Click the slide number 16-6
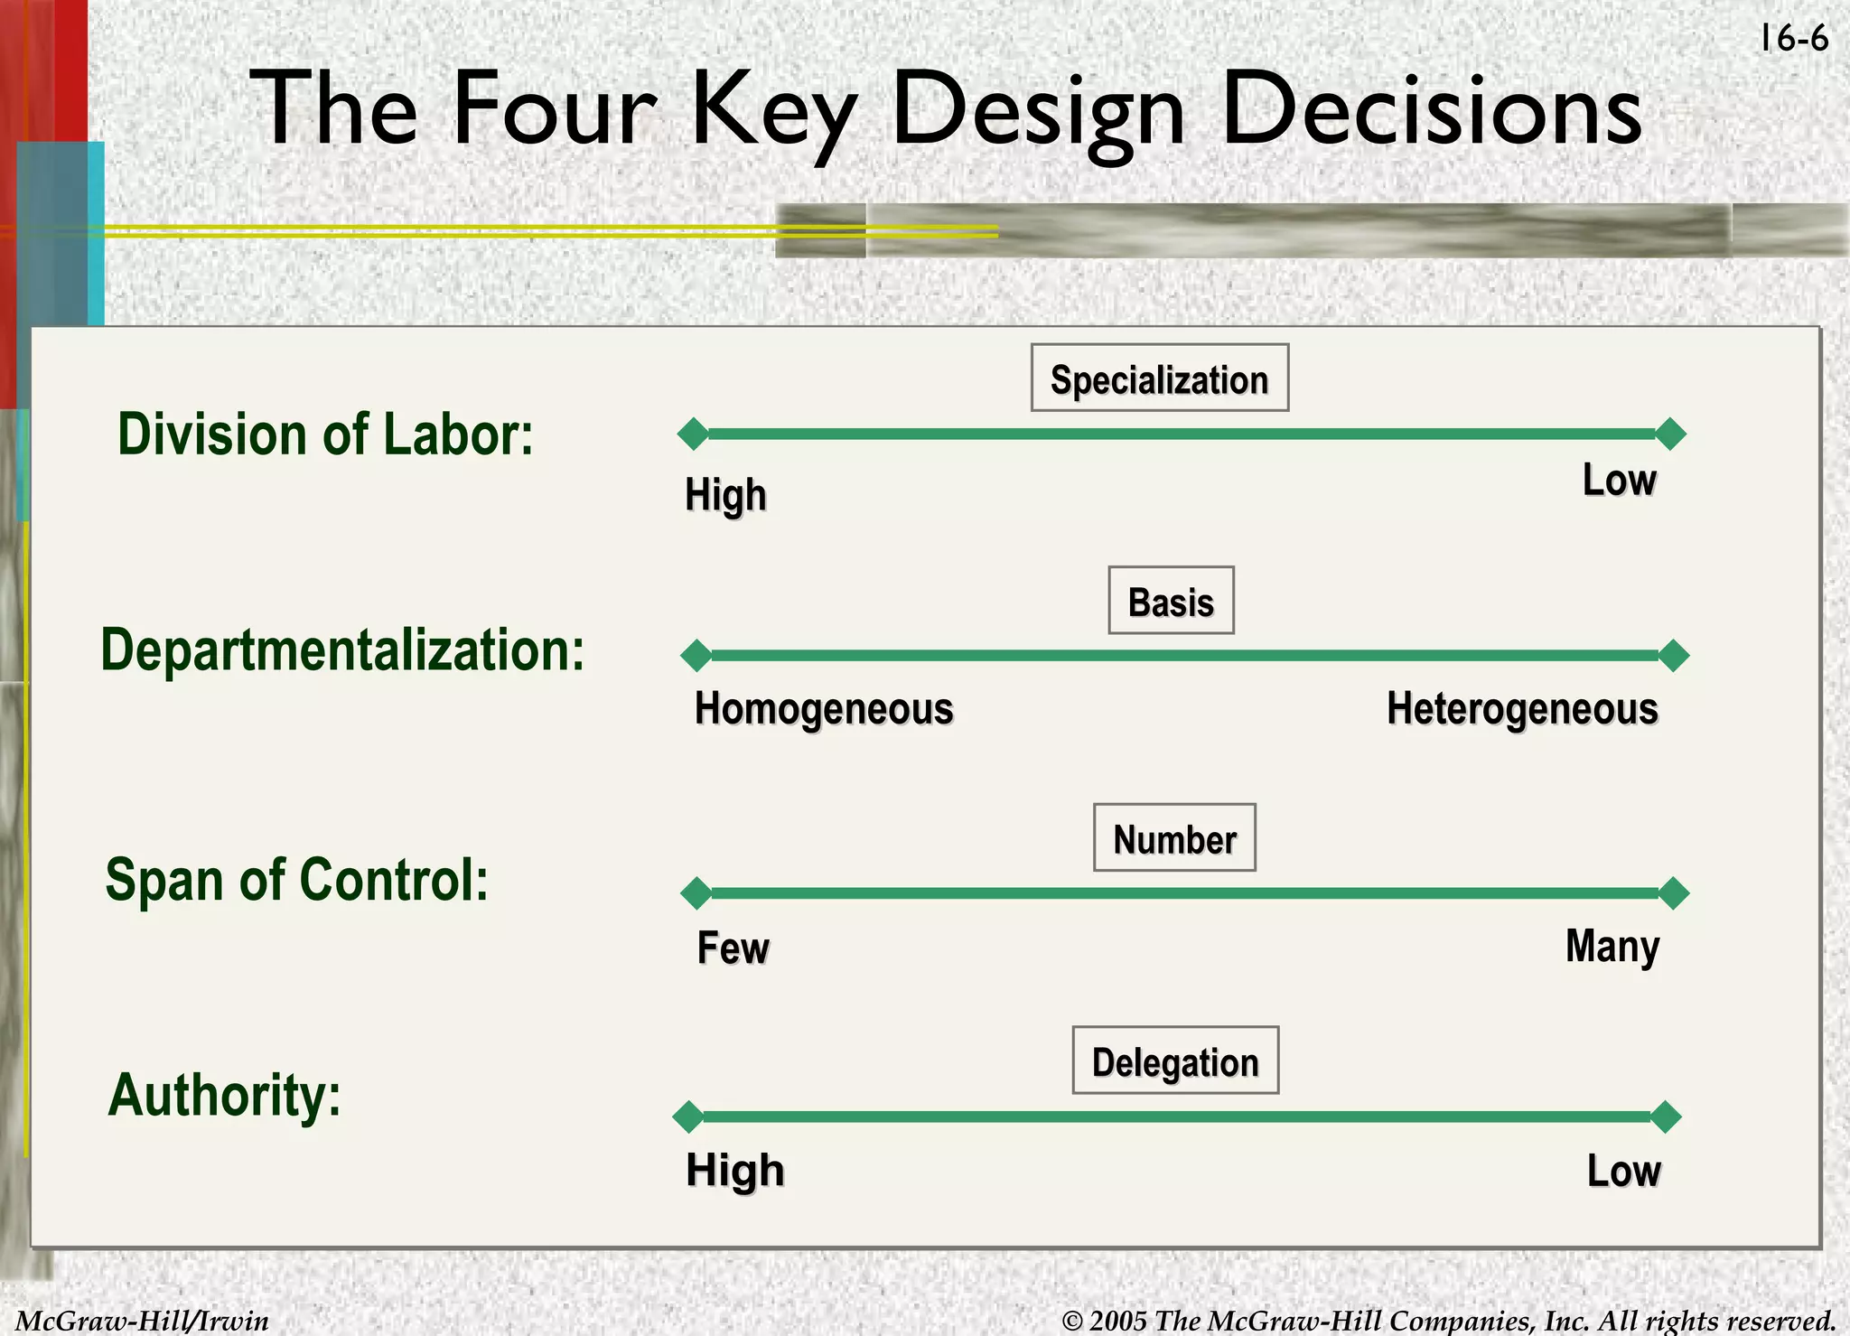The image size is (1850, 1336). click(x=1793, y=40)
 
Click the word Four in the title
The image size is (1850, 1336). click(x=553, y=109)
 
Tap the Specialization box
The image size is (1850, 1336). click(x=1159, y=378)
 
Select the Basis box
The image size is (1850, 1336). click(x=1171, y=601)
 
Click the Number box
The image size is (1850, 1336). click(x=1174, y=838)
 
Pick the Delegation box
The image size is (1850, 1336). click(x=1175, y=1060)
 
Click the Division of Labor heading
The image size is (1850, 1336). click(x=325, y=434)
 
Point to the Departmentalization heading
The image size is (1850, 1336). click(x=342, y=649)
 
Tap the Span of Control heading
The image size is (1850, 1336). click(x=297, y=880)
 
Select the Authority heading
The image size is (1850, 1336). click(x=225, y=1095)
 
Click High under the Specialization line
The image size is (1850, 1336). click(x=725, y=496)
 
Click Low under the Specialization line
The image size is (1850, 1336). click(x=1619, y=480)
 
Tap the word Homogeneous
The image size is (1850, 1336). click(x=824, y=709)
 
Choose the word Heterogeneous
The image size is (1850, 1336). click(x=1522, y=709)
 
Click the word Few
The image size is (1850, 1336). click(x=733, y=948)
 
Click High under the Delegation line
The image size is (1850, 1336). click(x=734, y=1171)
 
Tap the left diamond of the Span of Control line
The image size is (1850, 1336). click(x=696, y=893)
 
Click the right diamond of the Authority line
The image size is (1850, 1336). click(x=1666, y=1116)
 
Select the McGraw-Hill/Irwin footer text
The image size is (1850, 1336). click(x=143, y=1321)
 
